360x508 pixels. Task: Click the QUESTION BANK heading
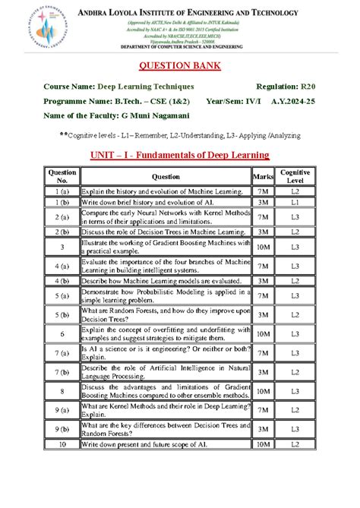coord(179,65)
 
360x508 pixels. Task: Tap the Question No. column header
coord(62,176)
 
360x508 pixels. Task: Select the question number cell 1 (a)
coord(62,194)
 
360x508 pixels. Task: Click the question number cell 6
coord(62,333)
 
